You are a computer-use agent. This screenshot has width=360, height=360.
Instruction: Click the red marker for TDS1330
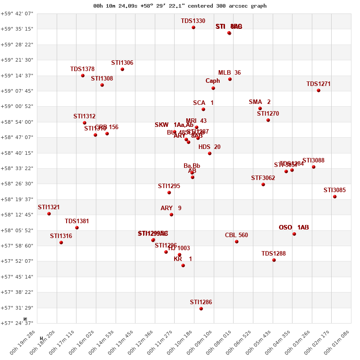[x=193, y=27]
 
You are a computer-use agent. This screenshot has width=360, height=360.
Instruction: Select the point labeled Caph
[x=213, y=88]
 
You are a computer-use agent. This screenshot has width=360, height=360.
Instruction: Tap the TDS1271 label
[x=319, y=84]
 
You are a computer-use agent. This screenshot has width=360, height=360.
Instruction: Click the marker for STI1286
[x=201, y=309]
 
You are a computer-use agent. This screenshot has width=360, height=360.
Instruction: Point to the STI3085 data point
[x=335, y=197]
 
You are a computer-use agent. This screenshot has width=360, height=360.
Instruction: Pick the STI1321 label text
[x=49, y=207]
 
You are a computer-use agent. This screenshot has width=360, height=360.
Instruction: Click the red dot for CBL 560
[x=237, y=242]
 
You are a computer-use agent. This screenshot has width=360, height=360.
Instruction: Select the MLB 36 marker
[x=230, y=79]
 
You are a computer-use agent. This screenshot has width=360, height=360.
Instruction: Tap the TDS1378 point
[x=83, y=76]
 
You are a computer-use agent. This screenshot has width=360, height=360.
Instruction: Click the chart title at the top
[x=180, y=6]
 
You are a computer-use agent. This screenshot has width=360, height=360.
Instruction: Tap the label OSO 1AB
[x=294, y=227]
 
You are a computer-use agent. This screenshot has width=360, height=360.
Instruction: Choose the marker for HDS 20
[x=210, y=153]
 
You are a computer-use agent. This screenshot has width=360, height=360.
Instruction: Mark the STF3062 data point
[x=263, y=184]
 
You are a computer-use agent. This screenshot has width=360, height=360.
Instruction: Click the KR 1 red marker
[x=183, y=265]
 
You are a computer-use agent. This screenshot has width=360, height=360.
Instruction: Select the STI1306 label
[x=122, y=63]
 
